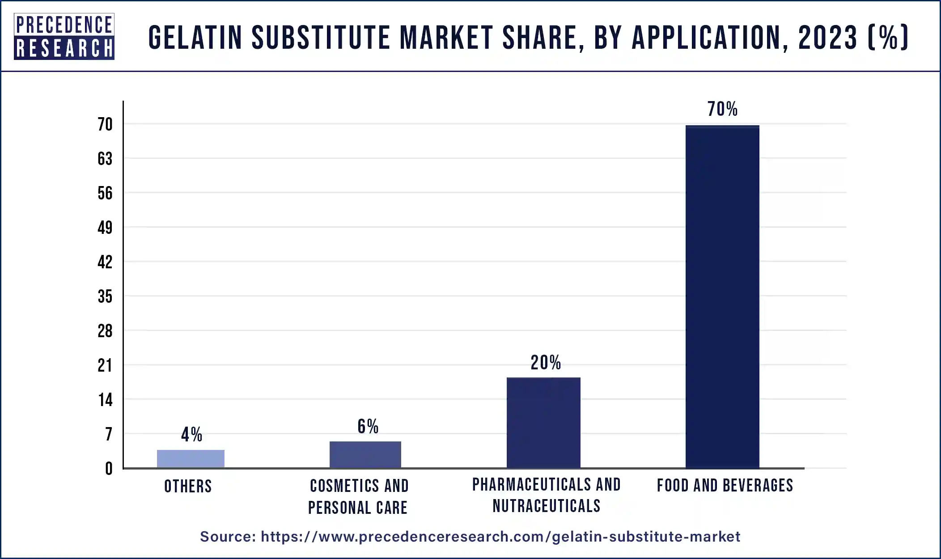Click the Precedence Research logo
[x=64, y=37]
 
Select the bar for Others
[x=191, y=459]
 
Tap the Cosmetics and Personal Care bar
[x=365, y=454]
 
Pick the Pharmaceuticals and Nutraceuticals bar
[x=543, y=423]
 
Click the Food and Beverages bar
[x=722, y=296]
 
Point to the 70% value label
[x=722, y=109]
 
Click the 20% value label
[x=545, y=363]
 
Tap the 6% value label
[x=368, y=427]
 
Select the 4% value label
[x=191, y=435]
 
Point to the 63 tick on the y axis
[x=105, y=159]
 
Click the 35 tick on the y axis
[x=105, y=296]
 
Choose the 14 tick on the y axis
[x=105, y=400]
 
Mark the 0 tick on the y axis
[x=109, y=469]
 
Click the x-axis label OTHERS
[x=188, y=487]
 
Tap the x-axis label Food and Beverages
[x=725, y=486]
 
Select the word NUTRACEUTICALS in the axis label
[x=546, y=506]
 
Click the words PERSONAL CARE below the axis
[x=357, y=508]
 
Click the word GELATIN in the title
[x=195, y=38]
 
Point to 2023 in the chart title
[x=827, y=38]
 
